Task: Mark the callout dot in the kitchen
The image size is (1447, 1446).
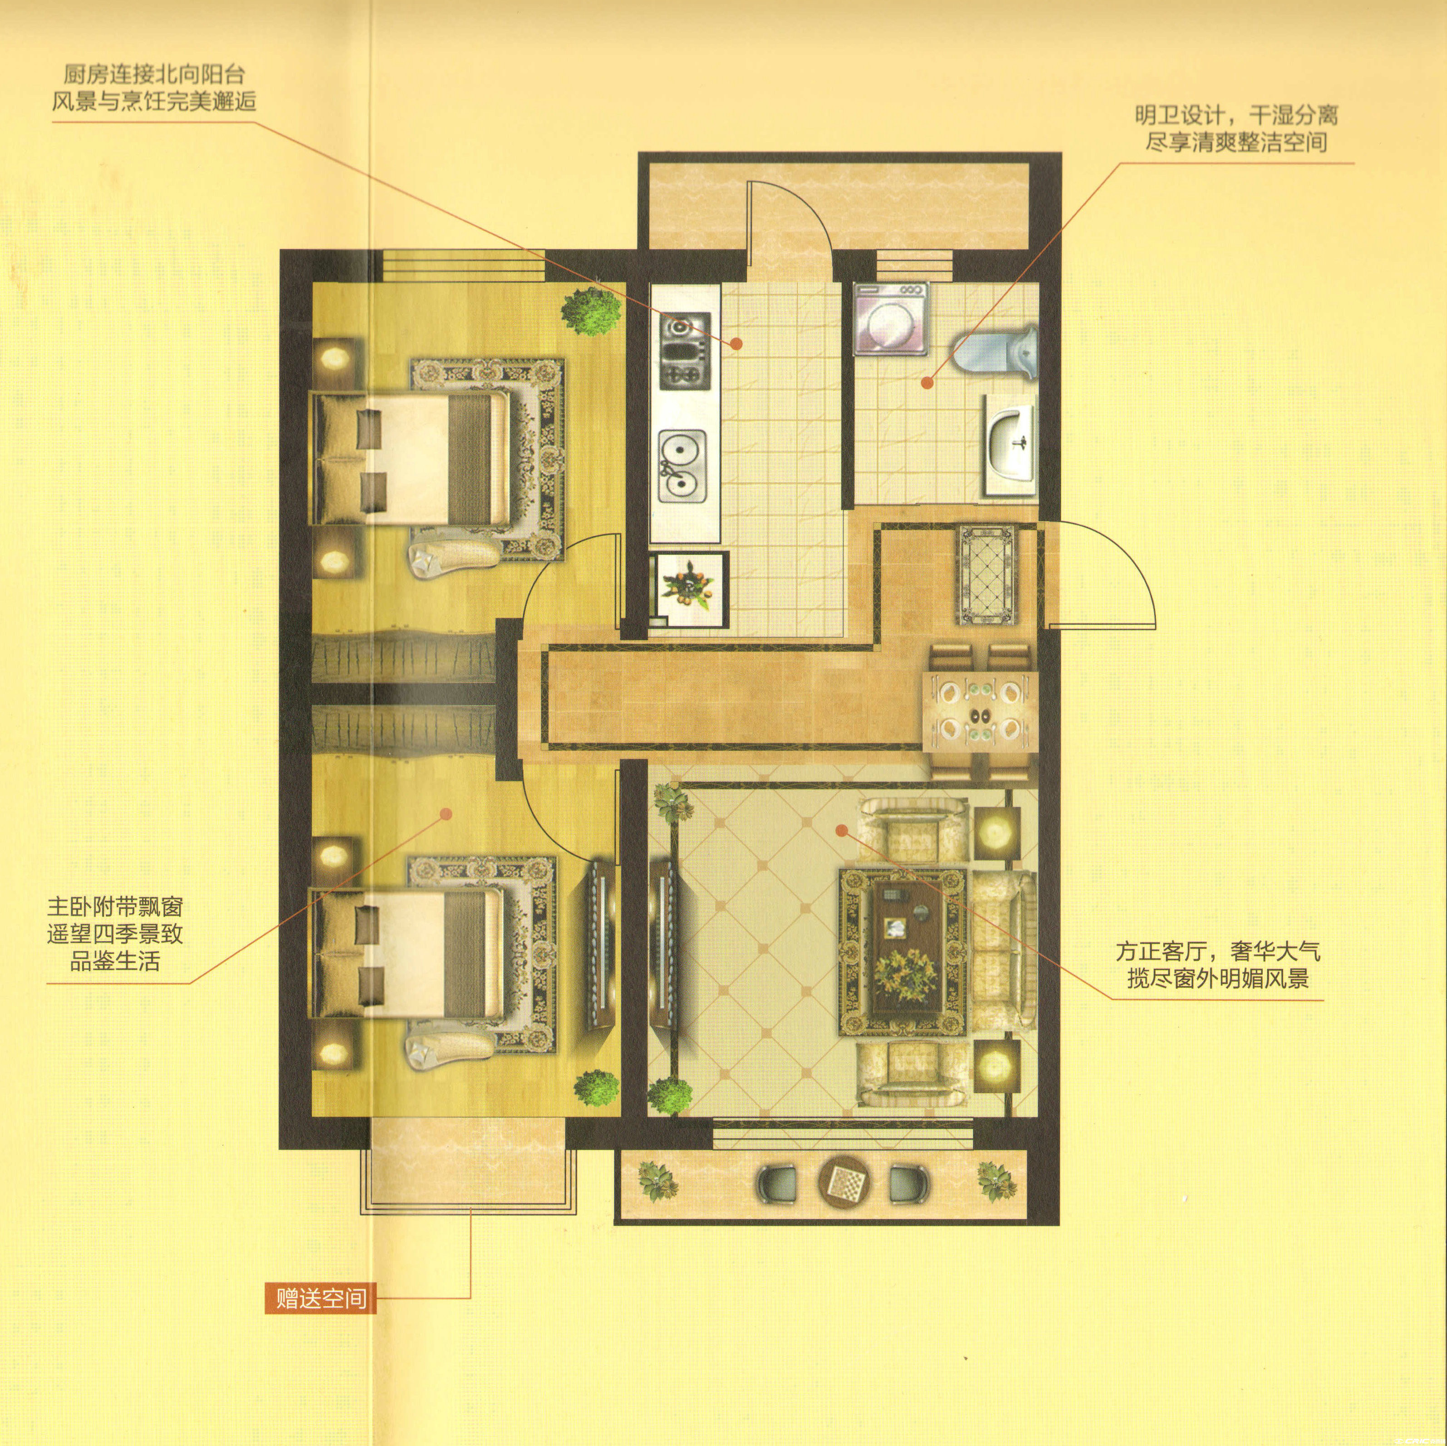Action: (x=736, y=344)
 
